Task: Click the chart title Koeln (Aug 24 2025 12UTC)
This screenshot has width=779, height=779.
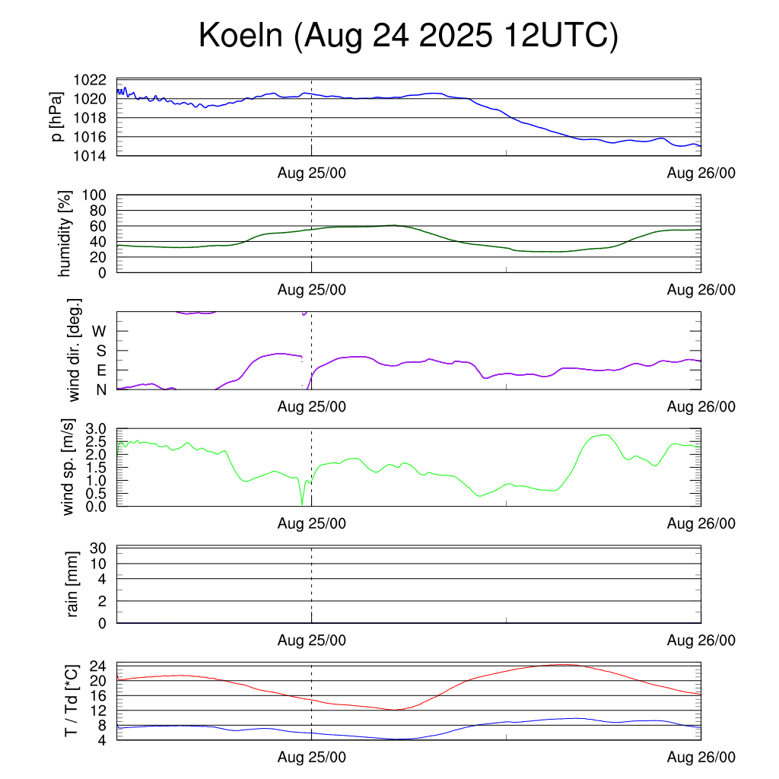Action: click(408, 37)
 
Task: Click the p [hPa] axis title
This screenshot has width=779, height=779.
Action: click(57, 117)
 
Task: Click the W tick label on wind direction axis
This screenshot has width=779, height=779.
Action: click(100, 332)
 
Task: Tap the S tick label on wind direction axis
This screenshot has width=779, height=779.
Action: click(100, 351)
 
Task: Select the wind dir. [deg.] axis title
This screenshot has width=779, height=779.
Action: click(73, 350)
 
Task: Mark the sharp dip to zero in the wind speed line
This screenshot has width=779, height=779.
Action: click(302, 504)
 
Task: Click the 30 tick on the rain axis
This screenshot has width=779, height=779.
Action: click(99, 548)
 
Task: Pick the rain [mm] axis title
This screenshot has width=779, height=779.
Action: click(73, 584)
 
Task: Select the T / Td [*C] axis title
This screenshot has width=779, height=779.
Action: click(71, 700)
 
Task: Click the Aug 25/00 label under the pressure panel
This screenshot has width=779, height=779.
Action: click(312, 174)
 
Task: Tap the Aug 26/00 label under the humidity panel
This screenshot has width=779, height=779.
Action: click(701, 290)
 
